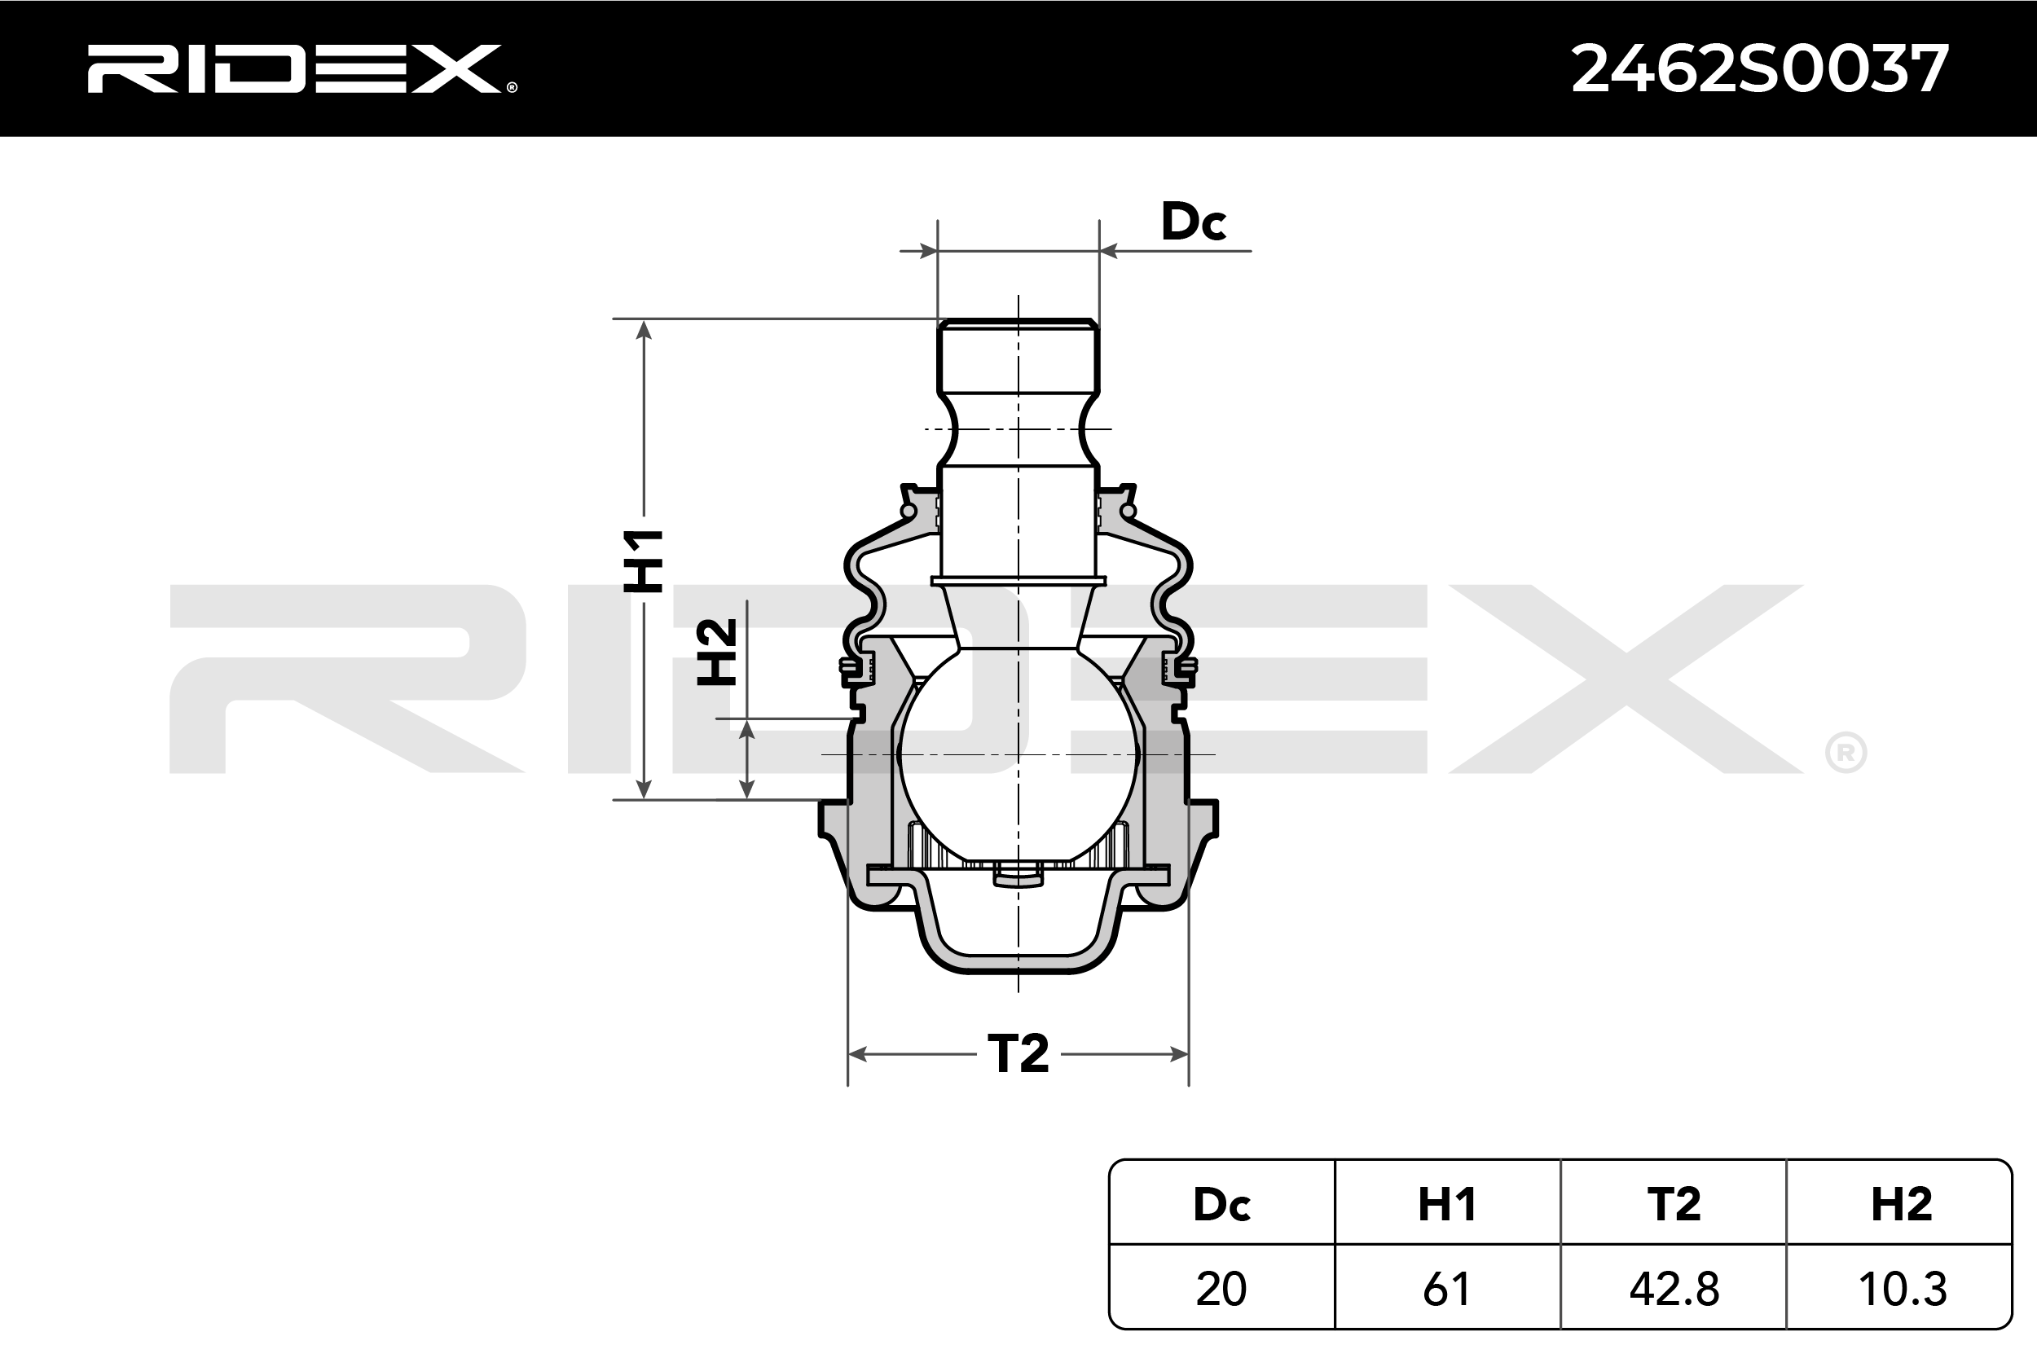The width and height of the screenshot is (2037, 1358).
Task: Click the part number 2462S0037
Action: (1760, 68)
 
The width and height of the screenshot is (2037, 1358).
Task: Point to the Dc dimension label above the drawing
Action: (1194, 221)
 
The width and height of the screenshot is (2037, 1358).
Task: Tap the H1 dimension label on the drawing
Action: (644, 560)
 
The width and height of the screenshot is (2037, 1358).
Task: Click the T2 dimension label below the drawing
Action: (1018, 1054)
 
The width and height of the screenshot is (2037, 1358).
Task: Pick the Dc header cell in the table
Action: (1222, 1204)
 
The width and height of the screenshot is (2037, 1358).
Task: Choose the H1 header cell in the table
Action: (1447, 1204)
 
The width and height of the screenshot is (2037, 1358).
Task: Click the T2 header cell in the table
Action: (1674, 1204)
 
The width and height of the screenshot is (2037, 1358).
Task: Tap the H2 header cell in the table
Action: (1899, 1204)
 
